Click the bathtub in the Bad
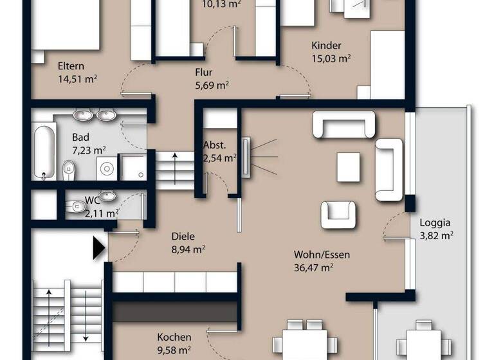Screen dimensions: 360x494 (44, 152)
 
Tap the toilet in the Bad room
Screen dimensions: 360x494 (69, 170)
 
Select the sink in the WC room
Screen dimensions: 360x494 (108, 196)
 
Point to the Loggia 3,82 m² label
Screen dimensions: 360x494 (435, 229)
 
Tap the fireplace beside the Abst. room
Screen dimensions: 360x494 (246, 156)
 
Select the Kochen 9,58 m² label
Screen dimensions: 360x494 (174, 343)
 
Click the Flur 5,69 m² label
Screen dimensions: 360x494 (212, 78)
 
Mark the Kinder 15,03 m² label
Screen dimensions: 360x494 (331, 52)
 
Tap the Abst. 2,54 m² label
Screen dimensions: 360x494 (219, 151)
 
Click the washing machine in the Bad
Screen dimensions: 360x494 (106, 169)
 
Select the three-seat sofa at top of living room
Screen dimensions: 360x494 (343, 124)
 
